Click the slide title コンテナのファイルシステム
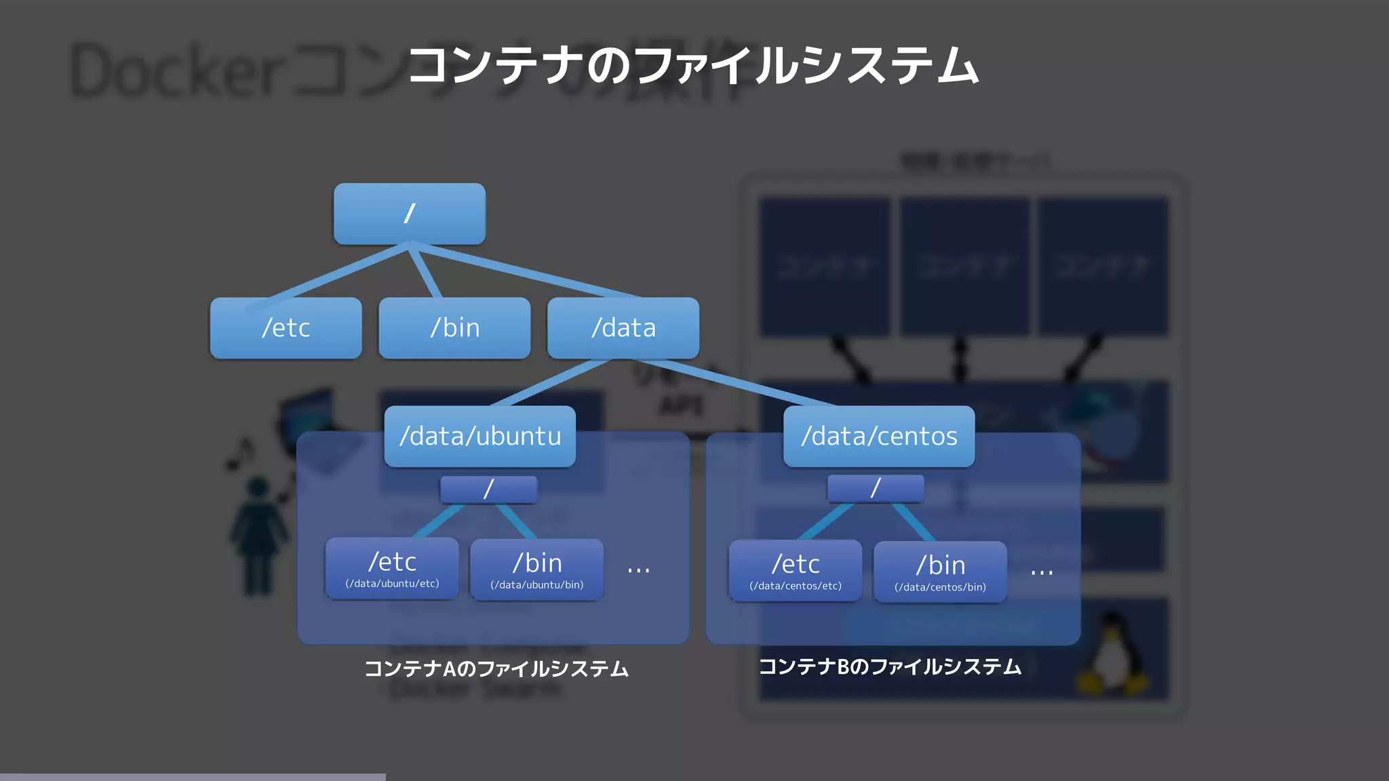[693, 66]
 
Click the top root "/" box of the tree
[410, 214]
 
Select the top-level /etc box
[286, 328]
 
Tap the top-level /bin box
[454, 328]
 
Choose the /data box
[623, 328]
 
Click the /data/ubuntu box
[480, 436]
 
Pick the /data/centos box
[879, 436]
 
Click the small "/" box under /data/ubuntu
[488, 489]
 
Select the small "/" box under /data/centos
[875, 488]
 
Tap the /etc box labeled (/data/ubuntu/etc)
[392, 569]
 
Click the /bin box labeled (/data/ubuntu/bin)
[536, 570]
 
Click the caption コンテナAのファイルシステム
[496, 669]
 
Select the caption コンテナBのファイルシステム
[890, 667]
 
